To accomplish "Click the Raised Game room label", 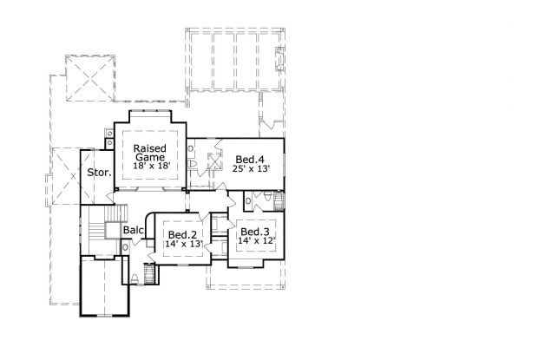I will pos(149,153).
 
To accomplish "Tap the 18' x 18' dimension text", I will pos(149,166).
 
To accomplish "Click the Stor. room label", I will pos(99,173).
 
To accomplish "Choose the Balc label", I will pos(133,230).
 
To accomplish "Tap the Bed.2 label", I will pos(183,235).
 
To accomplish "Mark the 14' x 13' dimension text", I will pos(183,245).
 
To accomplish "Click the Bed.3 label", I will pos(255,232).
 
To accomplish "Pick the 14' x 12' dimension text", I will pos(255,241).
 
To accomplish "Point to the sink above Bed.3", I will pos(248,201).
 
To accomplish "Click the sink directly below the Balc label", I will pos(126,248).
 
